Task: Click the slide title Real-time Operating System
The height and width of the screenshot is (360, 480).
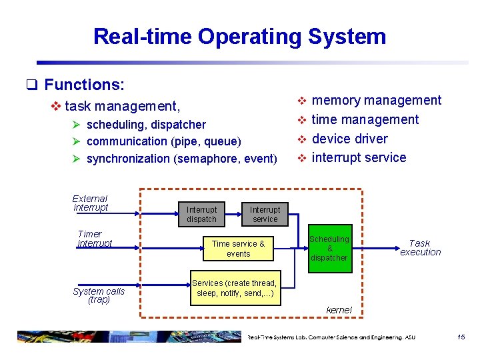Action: pos(239,36)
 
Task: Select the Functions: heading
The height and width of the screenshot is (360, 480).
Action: pos(84,85)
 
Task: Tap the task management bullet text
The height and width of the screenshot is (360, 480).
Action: pos(122,106)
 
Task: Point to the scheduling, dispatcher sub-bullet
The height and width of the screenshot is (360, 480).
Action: pos(146,125)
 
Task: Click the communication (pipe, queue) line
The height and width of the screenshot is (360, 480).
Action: pos(164,141)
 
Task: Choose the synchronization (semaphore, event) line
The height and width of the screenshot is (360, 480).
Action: pos(181,159)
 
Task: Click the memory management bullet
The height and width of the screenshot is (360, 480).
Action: pos(376,101)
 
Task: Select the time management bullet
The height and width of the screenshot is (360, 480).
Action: pos(365,120)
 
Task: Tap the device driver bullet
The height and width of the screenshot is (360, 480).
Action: pos(349,139)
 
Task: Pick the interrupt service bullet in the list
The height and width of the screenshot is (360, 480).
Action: pos(359,158)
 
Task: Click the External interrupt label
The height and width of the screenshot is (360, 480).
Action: pos(90,203)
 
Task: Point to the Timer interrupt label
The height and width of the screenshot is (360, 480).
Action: pos(94,239)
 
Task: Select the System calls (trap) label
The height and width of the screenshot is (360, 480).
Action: pos(99,295)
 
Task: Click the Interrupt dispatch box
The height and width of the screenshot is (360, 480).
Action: pos(201,214)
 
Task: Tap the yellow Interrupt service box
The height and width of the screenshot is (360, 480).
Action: pos(265,214)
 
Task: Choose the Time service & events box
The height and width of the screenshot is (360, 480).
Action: pos(238,249)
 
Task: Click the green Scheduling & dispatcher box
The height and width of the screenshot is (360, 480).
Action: pos(329,248)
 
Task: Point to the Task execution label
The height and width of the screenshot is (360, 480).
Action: pos(420,248)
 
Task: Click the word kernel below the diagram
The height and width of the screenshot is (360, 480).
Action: pos(339,310)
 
